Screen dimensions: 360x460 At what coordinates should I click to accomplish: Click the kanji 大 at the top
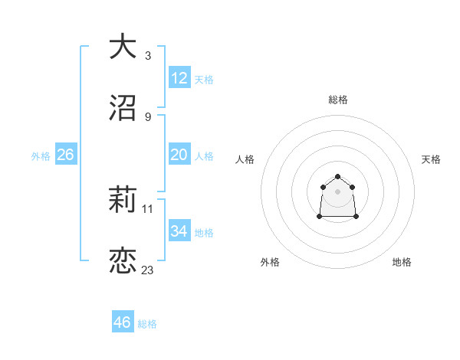123,47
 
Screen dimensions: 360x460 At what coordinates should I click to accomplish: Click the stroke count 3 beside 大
148,56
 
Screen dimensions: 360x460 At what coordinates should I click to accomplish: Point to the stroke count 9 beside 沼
148,117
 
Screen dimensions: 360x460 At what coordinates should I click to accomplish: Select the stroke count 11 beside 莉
148,208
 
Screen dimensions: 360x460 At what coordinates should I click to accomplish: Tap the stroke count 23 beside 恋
148,270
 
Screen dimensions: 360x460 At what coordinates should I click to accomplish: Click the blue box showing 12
179,78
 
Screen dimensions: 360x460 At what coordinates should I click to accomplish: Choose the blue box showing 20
179,155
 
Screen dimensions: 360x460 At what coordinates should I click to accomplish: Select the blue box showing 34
179,231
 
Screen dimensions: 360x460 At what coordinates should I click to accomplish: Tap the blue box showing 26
66,155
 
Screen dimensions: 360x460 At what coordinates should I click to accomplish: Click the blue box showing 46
123,322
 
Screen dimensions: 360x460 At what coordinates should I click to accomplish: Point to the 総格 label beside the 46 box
147,324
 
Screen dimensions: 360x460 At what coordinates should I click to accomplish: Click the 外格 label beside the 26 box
41,156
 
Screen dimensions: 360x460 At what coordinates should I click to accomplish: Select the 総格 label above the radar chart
338,100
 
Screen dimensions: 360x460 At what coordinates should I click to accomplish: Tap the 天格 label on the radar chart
431,159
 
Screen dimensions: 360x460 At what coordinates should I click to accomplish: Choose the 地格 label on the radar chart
402,263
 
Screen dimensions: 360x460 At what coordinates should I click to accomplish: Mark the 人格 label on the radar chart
245,159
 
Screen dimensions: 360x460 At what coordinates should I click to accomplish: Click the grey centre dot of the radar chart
338,191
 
